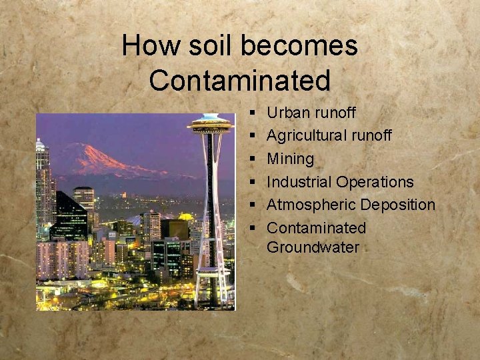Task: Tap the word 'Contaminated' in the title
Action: coord(240,81)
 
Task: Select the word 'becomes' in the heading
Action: coord(298,46)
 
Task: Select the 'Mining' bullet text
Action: coord(290,159)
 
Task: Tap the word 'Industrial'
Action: coord(299,182)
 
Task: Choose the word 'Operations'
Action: coord(375,182)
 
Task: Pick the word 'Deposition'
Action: coord(398,205)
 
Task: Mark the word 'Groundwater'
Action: coord(313,248)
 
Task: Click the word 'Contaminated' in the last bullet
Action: coord(316,228)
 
